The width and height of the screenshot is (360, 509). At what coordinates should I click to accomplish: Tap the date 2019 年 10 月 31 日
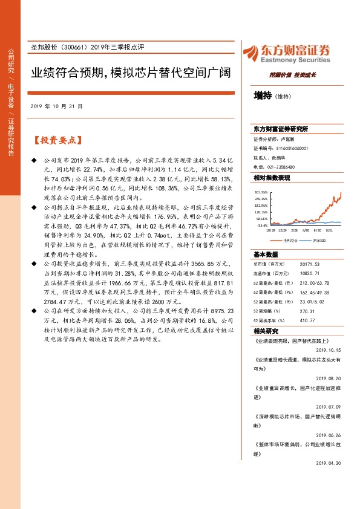point(56,106)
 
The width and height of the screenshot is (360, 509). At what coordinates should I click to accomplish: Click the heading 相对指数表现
point(272,178)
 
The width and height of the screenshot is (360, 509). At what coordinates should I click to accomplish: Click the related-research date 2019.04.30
point(330,463)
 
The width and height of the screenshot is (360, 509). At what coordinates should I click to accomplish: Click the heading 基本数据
point(266,254)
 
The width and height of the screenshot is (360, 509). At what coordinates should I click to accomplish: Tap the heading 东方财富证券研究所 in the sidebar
point(281,129)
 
